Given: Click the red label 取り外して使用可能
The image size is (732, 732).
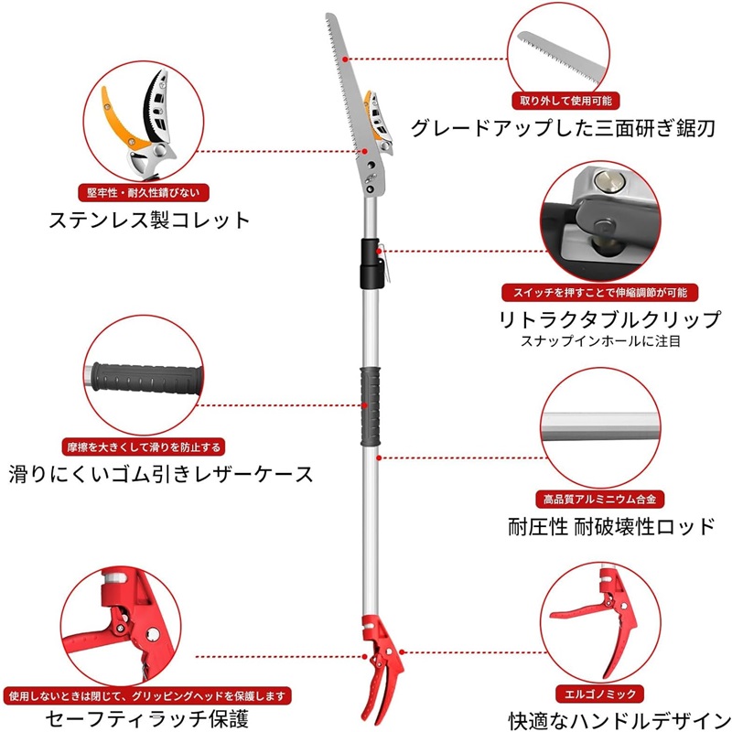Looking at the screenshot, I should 565,101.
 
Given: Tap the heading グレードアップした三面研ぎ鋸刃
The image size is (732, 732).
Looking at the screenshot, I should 562,128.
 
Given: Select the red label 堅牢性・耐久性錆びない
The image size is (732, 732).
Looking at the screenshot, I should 148,193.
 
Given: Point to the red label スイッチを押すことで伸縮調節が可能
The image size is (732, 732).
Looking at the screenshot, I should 600,293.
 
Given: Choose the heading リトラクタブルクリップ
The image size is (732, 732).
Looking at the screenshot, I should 608,320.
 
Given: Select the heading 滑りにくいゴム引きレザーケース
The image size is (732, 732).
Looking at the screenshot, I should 161,475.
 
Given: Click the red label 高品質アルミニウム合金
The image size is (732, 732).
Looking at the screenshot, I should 599,500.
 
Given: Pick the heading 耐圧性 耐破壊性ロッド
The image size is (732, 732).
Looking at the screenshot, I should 610,527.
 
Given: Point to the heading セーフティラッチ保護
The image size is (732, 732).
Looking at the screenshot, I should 147,719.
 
